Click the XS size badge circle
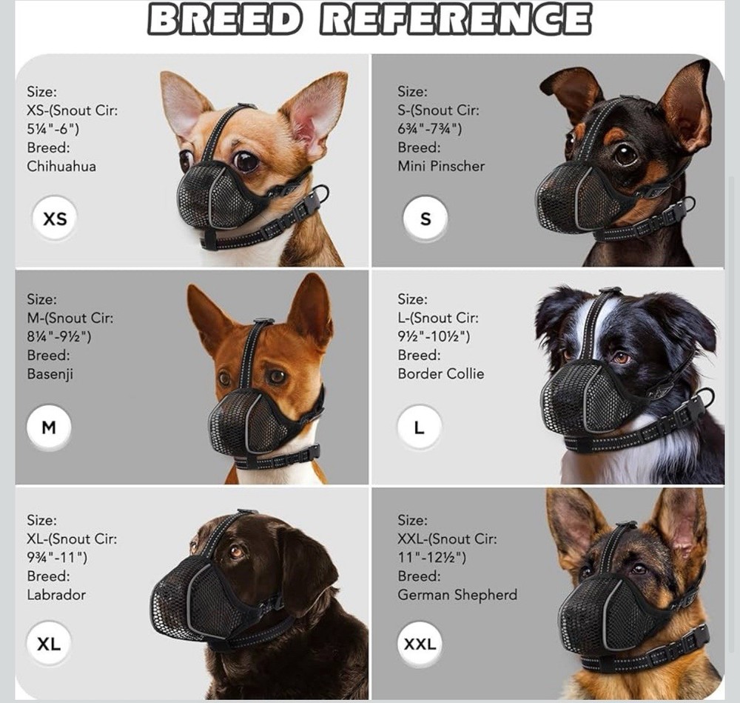(x=55, y=219)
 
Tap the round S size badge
(x=425, y=219)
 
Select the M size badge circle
(x=49, y=427)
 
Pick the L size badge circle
(x=420, y=427)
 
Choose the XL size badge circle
(x=49, y=644)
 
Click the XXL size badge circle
(x=420, y=644)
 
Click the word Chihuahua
(x=61, y=166)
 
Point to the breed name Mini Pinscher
(x=441, y=166)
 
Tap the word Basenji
(x=50, y=373)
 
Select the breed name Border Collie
(x=441, y=373)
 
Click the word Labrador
(x=56, y=594)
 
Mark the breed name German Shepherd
(x=457, y=594)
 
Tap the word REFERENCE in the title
(x=455, y=20)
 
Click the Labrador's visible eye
(x=236, y=551)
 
